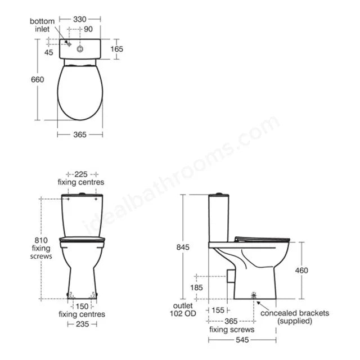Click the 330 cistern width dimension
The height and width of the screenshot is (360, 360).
[x=80, y=19]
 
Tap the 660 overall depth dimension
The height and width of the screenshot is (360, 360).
[x=38, y=79]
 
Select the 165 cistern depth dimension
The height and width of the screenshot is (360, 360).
[x=116, y=49]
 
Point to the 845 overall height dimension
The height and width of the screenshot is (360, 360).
[x=183, y=247]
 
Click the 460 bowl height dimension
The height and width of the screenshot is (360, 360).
[x=301, y=270]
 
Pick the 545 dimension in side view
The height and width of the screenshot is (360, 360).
[x=242, y=340]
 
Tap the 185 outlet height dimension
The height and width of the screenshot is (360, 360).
[x=196, y=287]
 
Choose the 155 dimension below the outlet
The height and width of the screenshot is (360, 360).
[x=218, y=310]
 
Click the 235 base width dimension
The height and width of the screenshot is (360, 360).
[x=82, y=324]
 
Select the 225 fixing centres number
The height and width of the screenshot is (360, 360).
[x=81, y=174]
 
